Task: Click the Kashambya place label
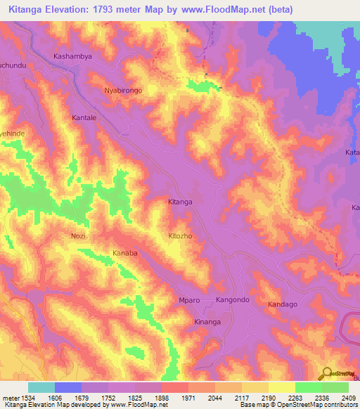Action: coord(73,55)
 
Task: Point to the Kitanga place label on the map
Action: coord(180,202)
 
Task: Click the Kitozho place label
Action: coord(181,236)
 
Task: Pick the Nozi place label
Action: coord(78,236)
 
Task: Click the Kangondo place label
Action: coord(233,300)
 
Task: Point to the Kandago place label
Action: coord(283,304)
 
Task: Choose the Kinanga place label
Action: coord(207,322)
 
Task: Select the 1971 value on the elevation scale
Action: coord(188,398)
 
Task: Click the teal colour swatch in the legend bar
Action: coord(41,387)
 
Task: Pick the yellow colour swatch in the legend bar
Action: coord(281,387)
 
